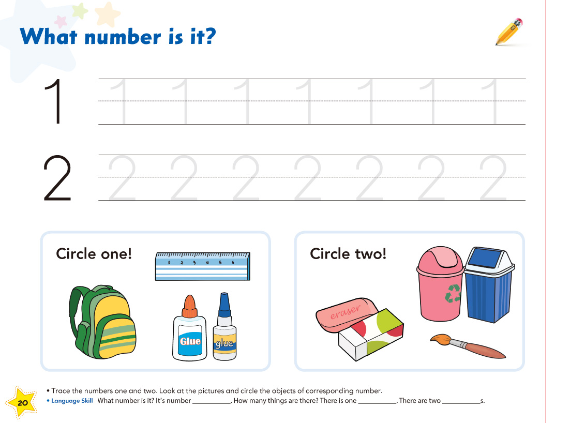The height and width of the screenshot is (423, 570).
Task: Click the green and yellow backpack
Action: (102, 322)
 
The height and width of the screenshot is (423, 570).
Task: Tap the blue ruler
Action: (202, 266)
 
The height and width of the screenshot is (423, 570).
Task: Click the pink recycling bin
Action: (440, 284)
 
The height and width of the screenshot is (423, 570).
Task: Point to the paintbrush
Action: (468, 345)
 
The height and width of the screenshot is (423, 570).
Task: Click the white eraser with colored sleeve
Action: (371, 335)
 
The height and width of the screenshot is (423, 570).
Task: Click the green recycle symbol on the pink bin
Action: (453, 293)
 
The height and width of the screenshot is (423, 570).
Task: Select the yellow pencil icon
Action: (509, 32)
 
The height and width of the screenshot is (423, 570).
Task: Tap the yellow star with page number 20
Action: (22, 402)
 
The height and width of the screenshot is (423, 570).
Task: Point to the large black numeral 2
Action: (57, 178)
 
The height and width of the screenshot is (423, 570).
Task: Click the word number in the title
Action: (123, 37)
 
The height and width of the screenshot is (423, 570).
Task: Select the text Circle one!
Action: (94, 254)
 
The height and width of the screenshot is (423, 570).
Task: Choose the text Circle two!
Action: (348, 254)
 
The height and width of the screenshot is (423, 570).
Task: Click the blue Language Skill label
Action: (72, 401)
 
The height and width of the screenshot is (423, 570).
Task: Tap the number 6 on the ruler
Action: (233, 262)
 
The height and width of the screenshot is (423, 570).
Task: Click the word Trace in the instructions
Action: (61, 390)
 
